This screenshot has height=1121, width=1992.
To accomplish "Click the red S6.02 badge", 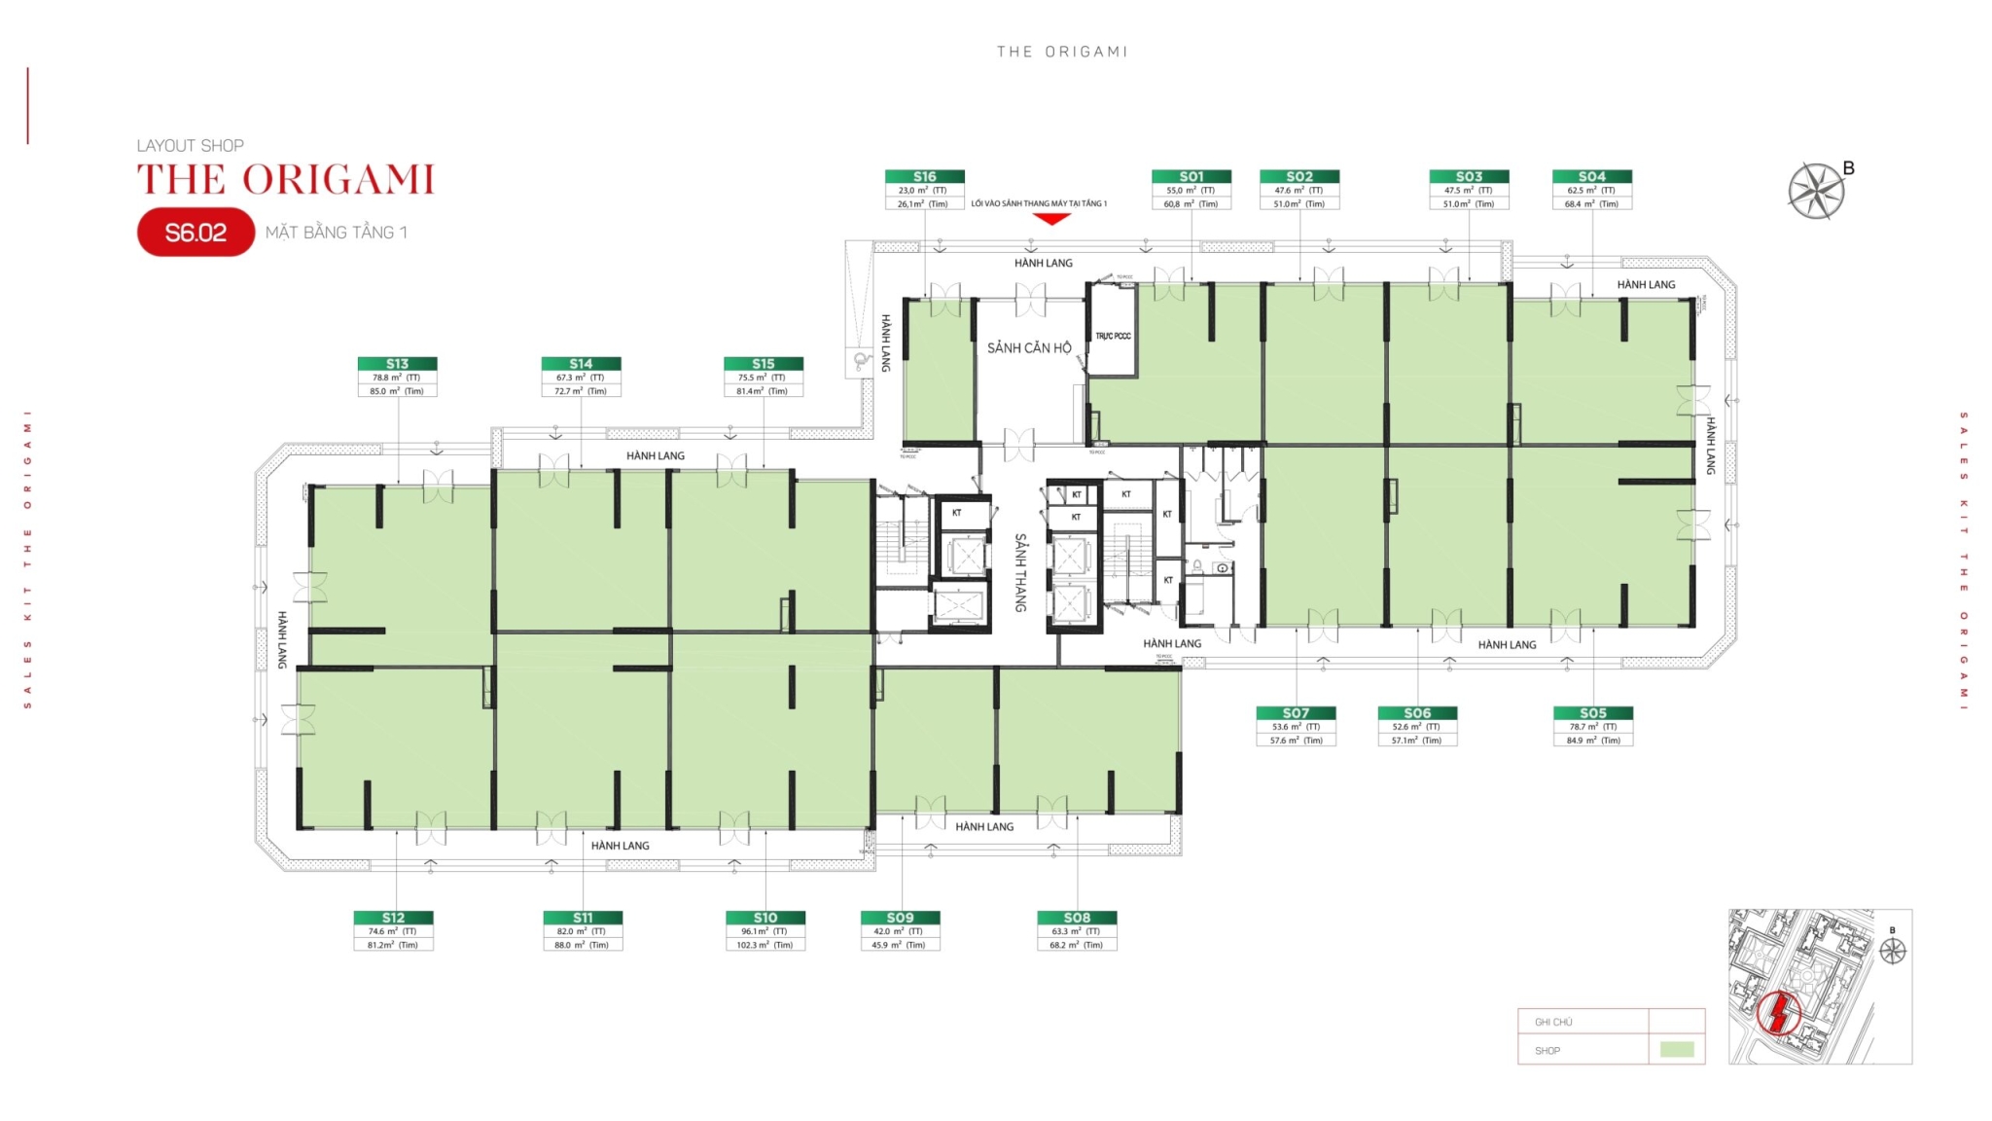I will (x=196, y=233).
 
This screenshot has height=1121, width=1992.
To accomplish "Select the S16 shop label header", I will (x=924, y=176).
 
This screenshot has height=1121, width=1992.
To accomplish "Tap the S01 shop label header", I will (x=1192, y=176).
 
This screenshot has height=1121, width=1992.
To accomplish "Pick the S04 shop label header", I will (x=1592, y=176).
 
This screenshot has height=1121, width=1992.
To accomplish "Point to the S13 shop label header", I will (x=397, y=364).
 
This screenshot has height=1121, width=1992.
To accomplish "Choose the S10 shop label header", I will (x=765, y=918).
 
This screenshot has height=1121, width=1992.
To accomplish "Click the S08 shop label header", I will (x=1077, y=918).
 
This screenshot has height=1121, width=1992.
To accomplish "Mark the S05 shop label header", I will (x=1593, y=713).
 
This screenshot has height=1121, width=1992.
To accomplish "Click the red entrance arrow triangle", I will (x=1050, y=219).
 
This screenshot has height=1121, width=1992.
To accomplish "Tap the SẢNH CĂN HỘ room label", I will (x=1029, y=347).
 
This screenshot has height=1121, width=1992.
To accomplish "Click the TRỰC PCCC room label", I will (x=1113, y=336).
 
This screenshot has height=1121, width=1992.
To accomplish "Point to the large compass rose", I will (x=1816, y=191).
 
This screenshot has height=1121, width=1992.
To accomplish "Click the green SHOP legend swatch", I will (x=1676, y=1050).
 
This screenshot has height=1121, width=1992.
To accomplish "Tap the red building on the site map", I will (x=1779, y=1013).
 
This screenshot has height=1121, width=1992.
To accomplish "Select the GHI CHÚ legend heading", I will (x=1553, y=1022).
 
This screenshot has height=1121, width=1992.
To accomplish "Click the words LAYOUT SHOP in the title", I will (x=191, y=146).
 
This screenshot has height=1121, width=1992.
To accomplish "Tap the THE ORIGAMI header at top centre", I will (x=1062, y=52).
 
